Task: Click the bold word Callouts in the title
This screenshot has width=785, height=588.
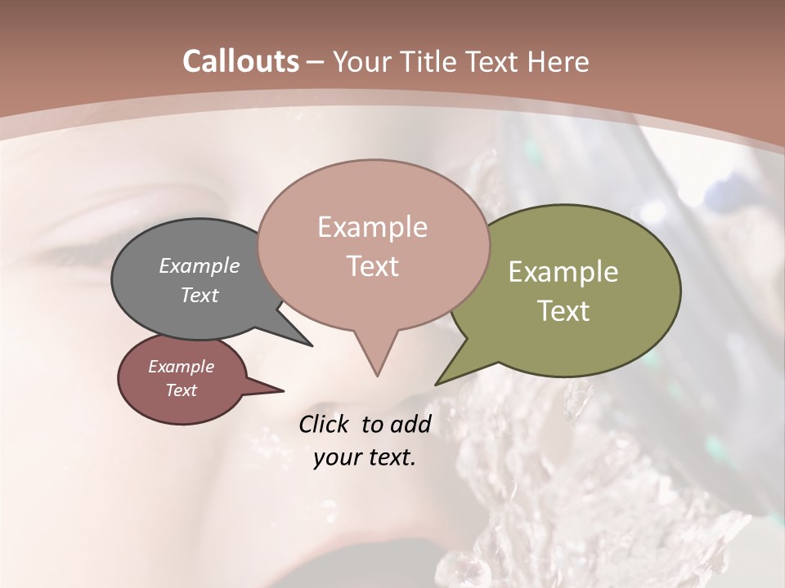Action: click(x=240, y=61)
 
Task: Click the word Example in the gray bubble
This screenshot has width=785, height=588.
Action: click(x=200, y=265)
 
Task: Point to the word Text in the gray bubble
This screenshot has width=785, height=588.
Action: click(x=200, y=295)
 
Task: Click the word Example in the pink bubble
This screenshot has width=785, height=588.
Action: click(x=372, y=227)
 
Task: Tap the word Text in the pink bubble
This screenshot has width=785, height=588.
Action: click(x=372, y=266)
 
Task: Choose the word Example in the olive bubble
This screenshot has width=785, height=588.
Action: click(x=563, y=272)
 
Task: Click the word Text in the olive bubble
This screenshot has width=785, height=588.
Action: click(x=563, y=311)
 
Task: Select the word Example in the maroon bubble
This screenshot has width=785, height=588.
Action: click(x=182, y=367)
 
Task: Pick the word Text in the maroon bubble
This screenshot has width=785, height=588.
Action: click(x=182, y=390)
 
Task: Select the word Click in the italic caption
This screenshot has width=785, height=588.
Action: click(x=325, y=424)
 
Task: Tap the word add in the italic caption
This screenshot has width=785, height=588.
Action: click(x=410, y=424)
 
